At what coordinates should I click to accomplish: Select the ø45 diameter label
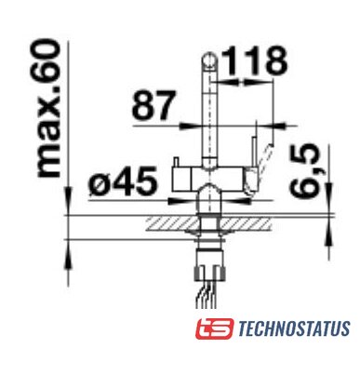coord(123,181)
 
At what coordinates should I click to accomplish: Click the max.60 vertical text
coord(48,108)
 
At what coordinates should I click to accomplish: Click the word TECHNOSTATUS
coord(295,328)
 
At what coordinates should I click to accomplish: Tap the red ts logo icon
coord(214,328)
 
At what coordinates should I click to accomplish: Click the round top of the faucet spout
coord(209,60)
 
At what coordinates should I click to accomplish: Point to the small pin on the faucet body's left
coord(177,162)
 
